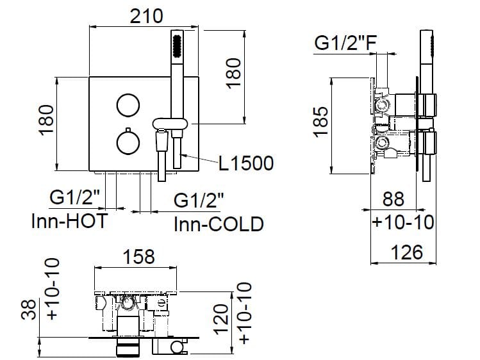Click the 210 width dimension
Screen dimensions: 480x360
(x=146, y=16)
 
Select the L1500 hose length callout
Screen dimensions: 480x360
(x=246, y=163)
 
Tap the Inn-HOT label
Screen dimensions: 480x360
(x=69, y=221)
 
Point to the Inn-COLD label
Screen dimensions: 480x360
(x=219, y=224)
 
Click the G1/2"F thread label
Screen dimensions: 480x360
(x=345, y=43)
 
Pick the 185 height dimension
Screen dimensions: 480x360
(x=321, y=122)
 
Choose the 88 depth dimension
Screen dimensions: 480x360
(x=393, y=199)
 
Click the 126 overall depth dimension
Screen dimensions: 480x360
(x=407, y=252)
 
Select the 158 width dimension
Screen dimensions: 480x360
(x=138, y=257)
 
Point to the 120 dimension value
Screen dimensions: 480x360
(x=221, y=319)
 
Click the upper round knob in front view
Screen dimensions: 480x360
(x=128, y=105)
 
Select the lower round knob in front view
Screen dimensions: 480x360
(x=128, y=143)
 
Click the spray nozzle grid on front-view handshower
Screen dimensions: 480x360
(x=177, y=47)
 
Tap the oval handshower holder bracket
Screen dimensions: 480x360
(x=170, y=124)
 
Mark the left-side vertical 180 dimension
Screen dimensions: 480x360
(x=46, y=120)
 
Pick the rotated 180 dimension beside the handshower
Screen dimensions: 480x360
(x=233, y=74)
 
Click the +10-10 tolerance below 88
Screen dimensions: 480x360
(x=403, y=222)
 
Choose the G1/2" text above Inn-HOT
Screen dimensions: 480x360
(x=75, y=197)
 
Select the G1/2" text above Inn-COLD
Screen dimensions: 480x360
(x=199, y=200)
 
